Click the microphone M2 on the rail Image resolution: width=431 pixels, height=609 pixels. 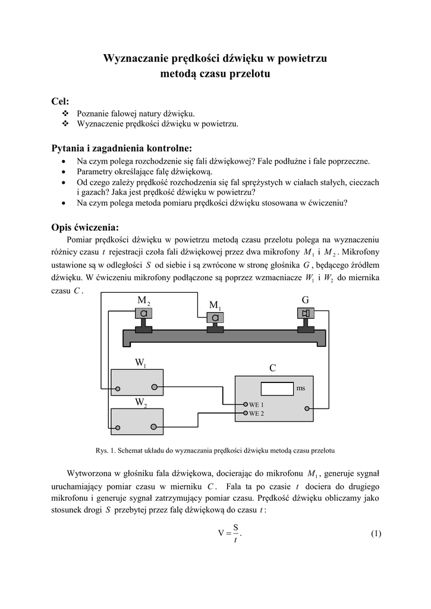coord(144,313)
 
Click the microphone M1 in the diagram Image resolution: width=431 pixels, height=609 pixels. coord(215,318)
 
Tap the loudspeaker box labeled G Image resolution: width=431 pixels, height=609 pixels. coord(306,313)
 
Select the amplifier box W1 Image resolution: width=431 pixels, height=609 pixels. coord(137,382)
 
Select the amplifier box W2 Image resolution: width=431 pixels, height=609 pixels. coord(137,420)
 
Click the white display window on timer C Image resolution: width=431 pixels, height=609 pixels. coord(276,388)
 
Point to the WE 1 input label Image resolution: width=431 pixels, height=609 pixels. coord(256,404)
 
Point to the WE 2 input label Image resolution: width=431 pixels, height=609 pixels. coord(256,413)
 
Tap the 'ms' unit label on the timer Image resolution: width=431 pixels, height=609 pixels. coord(301,388)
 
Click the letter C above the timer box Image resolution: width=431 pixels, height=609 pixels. coord(272,368)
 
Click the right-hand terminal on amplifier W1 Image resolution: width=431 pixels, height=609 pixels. coord(155,387)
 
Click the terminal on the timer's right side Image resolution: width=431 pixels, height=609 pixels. coord(306,409)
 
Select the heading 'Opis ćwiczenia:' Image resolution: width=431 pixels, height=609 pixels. coord(85,227)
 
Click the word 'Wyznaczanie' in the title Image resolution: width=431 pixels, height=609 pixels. coord(135,58)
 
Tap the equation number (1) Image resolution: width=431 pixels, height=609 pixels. coord(375,533)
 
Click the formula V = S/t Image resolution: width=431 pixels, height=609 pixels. coord(229,533)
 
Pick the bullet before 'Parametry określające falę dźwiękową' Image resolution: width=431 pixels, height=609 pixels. coord(64,171)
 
